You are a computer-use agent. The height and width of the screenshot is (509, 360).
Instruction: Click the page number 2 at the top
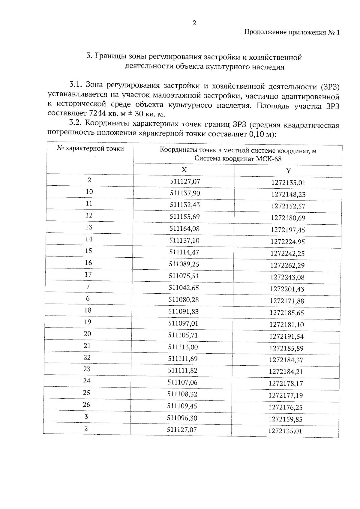pos(194,23)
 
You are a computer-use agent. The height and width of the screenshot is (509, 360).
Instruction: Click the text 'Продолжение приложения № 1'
pos(292,32)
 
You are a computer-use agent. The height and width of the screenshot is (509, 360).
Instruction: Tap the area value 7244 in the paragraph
pos(96,114)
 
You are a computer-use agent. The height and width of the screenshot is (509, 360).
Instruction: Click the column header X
pos(184,170)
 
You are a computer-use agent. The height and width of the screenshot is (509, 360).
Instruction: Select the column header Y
pos(288,171)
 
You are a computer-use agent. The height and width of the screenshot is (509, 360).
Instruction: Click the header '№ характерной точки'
pos(90,148)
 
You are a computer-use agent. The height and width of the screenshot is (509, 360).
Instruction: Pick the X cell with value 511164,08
pos(184,229)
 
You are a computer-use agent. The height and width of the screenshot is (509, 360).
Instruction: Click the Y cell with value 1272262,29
pos(287,265)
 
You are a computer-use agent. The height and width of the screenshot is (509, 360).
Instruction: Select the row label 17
pos(88,274)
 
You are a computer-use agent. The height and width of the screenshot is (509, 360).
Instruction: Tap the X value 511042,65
pos(184,288)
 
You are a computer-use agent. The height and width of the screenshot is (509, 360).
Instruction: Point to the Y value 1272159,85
pos(285,419)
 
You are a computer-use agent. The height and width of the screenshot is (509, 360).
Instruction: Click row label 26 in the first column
pos(86,405)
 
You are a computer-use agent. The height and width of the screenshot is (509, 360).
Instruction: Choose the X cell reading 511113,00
pos(183,347)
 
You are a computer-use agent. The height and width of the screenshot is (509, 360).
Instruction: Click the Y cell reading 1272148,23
pos(288,194)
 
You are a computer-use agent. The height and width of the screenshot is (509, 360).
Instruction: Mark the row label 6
pos(88,298)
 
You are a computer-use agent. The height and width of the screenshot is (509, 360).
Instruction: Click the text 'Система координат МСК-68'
pos(238,159)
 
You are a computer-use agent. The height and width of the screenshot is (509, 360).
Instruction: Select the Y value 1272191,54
pos(286,337)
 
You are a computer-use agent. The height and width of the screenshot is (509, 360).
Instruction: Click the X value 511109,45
pos(182,406)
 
